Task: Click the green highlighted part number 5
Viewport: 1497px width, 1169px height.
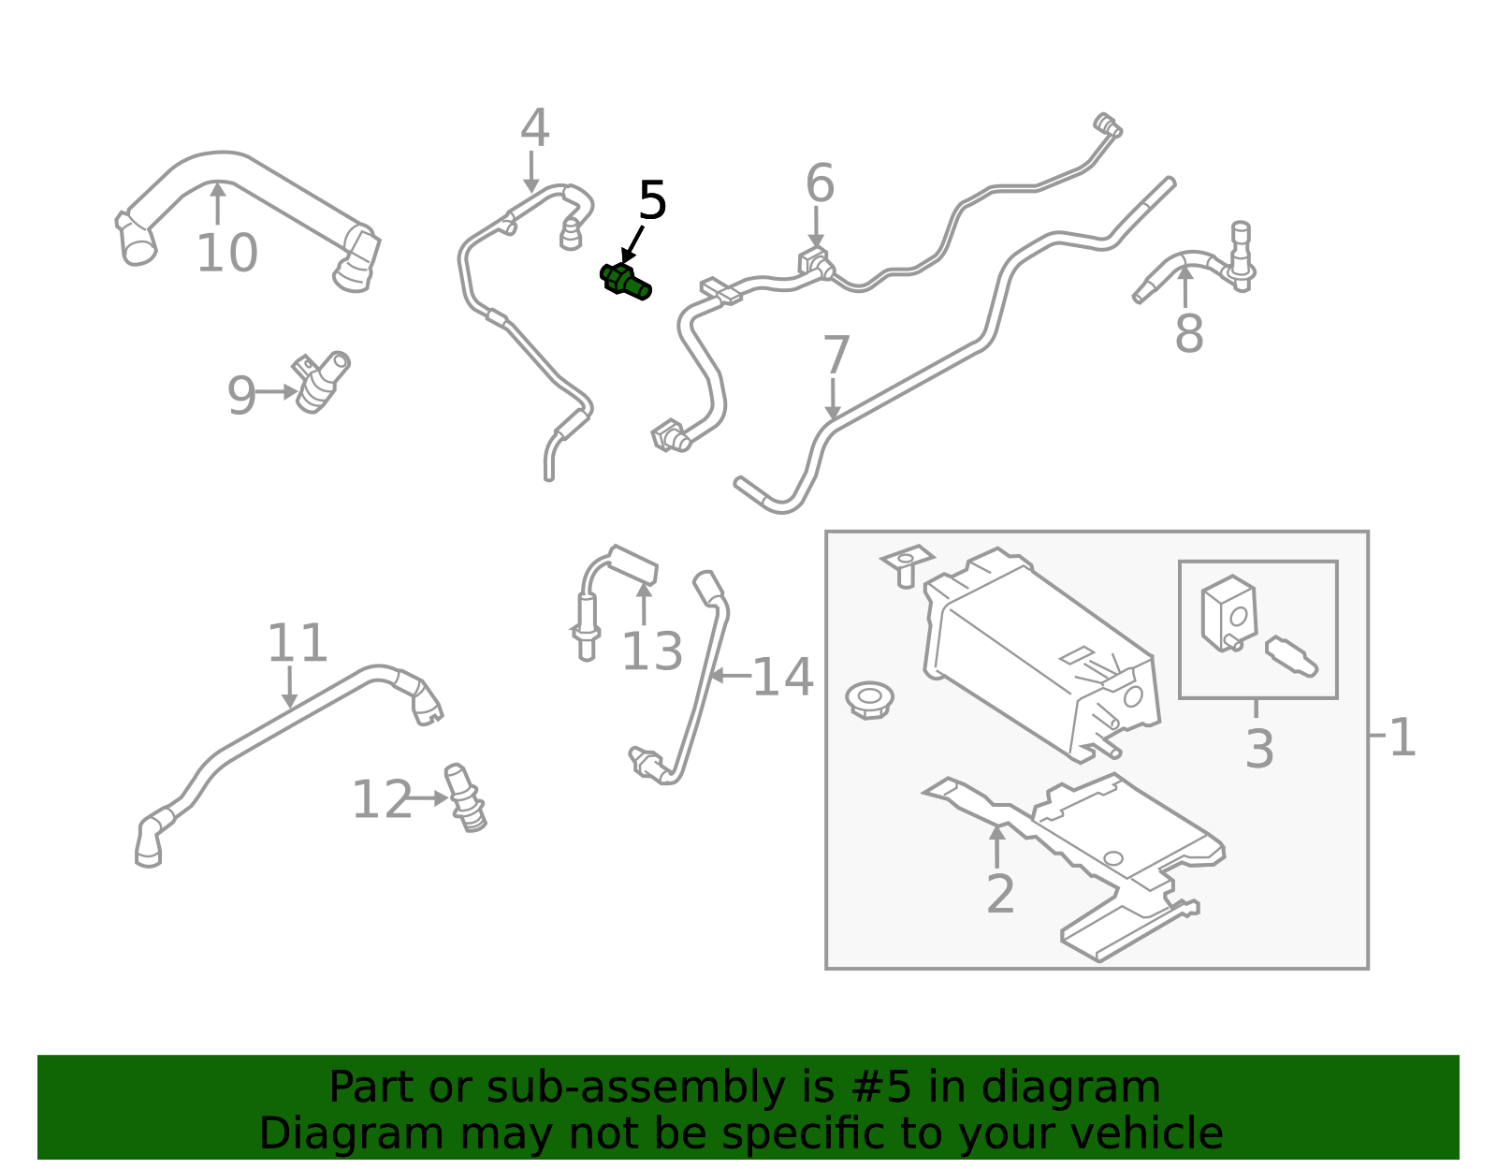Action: point(625,282)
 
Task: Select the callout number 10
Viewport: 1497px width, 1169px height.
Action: point(226,254)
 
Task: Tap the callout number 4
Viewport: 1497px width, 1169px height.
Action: point(534,127)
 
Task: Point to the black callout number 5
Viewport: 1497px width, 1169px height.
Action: point(652,200)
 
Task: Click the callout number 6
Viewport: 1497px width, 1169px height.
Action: point(820,183)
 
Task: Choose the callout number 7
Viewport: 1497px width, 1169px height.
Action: point(836,355)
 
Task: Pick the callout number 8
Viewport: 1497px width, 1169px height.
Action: point(1189,333)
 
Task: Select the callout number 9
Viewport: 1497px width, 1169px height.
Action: point(241,396)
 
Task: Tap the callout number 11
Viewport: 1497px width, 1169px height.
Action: point(298,643)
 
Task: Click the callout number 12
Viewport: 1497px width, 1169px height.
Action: point(382,800)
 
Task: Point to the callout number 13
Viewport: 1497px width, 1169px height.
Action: point(652,651)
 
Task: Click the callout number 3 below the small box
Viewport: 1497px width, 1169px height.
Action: point(1259,749)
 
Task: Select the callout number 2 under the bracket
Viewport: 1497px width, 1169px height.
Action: point(1000,894)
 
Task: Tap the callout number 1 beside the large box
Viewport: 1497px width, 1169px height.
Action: point(1402,738)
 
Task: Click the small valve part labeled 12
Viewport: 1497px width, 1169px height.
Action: point(465,797)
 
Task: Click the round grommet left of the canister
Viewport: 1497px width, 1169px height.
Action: point(869,700)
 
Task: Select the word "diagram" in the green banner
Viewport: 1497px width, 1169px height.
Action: point(1070,1087)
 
